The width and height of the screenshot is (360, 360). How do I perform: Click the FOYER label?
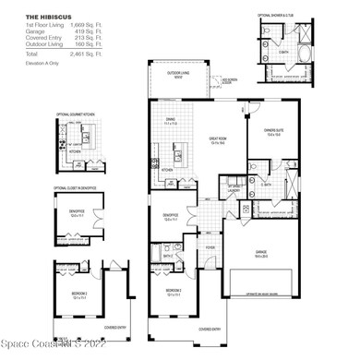click(x=210, y=246)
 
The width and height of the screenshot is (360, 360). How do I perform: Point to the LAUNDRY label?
click(x=234, y=189)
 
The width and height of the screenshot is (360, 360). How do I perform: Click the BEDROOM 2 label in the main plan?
click(x=174, y=290)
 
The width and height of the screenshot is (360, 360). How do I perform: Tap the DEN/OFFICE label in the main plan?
click(x=173, y=219)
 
